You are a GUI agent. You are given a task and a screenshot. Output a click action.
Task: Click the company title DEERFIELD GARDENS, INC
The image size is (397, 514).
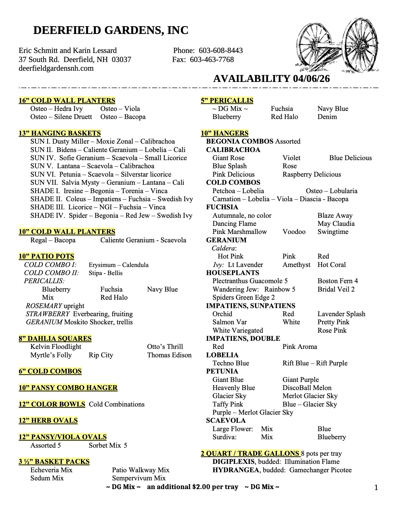point(111,30)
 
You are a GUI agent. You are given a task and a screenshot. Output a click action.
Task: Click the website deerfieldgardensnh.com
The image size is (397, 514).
point(56,68)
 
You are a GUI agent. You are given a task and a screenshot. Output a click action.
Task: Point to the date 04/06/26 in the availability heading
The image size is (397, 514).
point(311,79)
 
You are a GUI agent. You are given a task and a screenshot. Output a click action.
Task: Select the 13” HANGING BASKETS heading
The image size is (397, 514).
point(59,133)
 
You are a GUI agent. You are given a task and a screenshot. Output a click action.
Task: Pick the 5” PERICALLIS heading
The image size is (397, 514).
point(227,101)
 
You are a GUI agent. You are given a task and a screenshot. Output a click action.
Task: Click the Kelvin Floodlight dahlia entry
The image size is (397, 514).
point(56,347)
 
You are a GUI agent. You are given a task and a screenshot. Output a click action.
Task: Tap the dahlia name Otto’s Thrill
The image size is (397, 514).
point(165,347)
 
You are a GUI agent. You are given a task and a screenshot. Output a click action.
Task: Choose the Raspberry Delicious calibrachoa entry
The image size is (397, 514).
point(312,174)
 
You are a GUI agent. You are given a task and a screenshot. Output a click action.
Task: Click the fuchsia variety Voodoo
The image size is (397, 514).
point(294,232)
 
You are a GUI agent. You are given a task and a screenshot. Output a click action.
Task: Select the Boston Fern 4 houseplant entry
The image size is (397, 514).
point(338,281)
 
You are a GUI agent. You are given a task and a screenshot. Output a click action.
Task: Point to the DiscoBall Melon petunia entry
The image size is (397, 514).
point(307,388)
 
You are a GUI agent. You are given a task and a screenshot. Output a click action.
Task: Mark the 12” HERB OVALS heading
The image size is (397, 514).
point(48,421)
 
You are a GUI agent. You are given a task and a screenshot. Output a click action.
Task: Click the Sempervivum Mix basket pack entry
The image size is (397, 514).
point(139,478)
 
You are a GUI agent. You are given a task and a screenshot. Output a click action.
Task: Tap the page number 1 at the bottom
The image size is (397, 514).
point(376,488)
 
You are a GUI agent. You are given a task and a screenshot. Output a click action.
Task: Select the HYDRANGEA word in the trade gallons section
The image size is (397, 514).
point(235,470)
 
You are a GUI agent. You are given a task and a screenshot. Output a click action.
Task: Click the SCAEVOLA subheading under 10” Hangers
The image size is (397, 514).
point(226,421)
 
